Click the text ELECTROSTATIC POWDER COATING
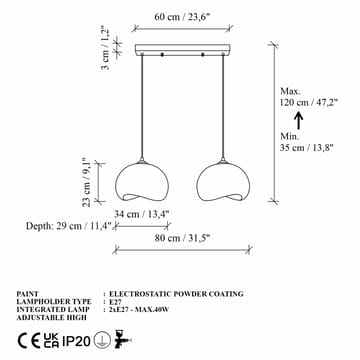coord(175,294)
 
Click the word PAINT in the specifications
coord(29,294)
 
